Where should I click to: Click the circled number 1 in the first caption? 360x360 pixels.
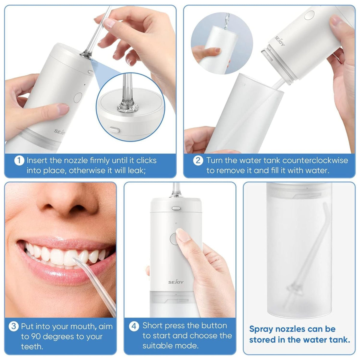[19, 161]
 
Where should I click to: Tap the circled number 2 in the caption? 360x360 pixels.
[198, 161]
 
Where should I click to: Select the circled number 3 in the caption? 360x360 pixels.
[13, 326]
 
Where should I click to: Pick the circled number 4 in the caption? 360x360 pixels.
[134, 326]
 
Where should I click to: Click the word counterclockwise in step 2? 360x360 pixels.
[315, 160]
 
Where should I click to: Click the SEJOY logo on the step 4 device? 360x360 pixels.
[176, 282]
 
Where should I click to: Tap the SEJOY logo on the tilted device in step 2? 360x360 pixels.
[280, 41]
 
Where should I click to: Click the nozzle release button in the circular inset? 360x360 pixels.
[115, 130]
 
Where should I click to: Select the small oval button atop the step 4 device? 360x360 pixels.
[176, 208]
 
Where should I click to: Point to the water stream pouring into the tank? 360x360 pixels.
[227, 21]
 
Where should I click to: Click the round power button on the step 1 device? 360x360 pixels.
[78, 97]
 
